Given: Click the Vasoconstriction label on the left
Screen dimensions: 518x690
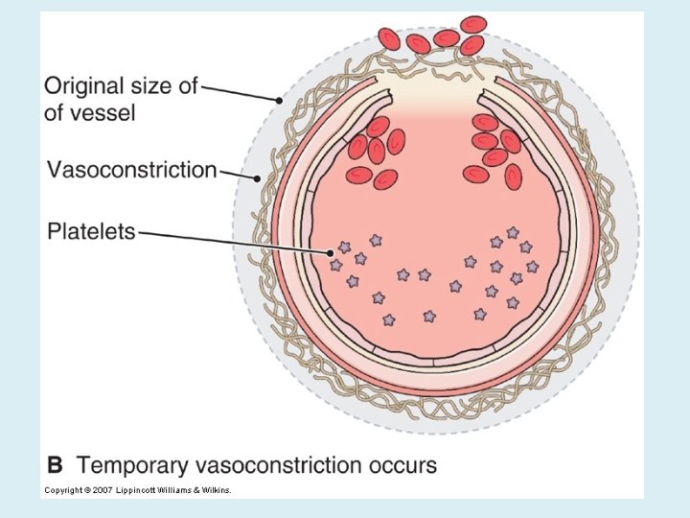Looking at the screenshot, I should [x=132, y=171].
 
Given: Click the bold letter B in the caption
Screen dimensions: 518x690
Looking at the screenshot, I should [x=55, y=466].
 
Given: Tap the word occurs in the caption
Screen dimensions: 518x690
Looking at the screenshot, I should [x=402, y=466].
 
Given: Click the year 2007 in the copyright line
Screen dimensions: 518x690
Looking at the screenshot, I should [x=103, y=490].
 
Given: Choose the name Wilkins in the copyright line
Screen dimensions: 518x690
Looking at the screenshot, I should [x=215, y=490].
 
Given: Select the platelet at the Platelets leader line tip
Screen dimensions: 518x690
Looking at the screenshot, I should [x=344, y=247].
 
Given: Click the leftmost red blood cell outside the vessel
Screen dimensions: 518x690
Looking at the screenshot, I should [x=389, y=39].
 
